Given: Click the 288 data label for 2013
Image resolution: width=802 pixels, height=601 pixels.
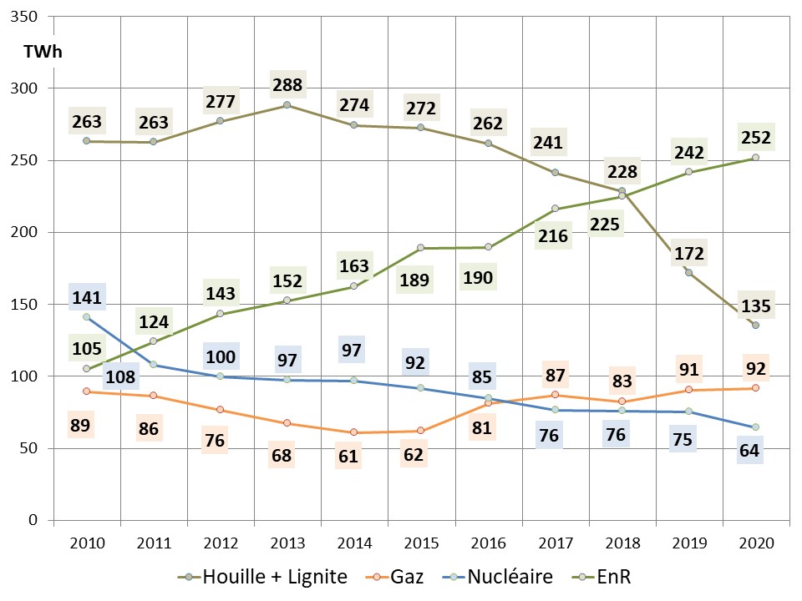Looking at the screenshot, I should click(x=287, y=85).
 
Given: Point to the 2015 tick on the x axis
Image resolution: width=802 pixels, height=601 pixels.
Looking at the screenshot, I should click(x=421, y=543).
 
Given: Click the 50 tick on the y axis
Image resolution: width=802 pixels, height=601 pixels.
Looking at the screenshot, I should click(x=31, y=448).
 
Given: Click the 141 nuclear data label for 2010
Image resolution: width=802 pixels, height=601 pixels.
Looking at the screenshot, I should click(x=87, y=298).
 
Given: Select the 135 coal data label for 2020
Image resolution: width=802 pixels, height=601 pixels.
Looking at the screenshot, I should click(x=756, y=306).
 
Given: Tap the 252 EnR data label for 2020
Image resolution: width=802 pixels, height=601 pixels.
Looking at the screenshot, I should click(x=756, y=138).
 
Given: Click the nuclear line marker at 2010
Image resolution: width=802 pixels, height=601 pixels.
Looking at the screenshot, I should click(x=87, y=317).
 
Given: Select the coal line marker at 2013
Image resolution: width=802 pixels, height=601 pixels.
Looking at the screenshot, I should click(x=287, y=105).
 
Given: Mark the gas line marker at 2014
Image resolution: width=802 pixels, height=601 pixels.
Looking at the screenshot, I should click(x=353, y=432).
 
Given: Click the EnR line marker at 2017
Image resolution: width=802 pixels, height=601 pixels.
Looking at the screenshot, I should click(x=555, y=209).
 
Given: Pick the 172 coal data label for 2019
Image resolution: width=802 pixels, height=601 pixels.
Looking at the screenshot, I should click(x=689, y=254).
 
